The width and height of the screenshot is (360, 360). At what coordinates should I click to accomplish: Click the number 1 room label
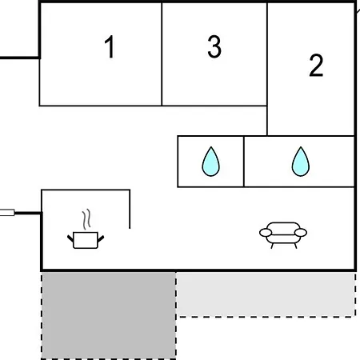pyautogui.click(x=110, y=46)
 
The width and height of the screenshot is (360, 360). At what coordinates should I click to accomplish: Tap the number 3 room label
pyautogui.click(x=214, y=46)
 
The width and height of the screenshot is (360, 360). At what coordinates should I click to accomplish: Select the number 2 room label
pyautogui.click(x=316, y=66)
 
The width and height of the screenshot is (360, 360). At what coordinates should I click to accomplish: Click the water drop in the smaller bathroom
pyautogui.click(x=210, y=162)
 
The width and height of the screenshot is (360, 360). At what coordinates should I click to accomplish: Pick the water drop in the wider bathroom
pyautogui.click(x=301, y=162)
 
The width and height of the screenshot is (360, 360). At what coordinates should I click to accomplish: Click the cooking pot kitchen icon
pyautogui.click(x=86, y=240)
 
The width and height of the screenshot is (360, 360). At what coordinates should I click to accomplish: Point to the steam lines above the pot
pyautogui.click(x=86, y=219)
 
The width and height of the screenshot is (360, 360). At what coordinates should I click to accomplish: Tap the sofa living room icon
pyautogui.click(x=283, y=235)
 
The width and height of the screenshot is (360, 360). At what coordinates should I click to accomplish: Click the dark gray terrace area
pyautogui.click(x=109, y=315)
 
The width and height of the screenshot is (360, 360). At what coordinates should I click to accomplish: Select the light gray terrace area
pyautogui.click(x=266, y=294)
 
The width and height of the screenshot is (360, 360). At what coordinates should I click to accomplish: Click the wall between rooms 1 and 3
pyautogui.click(x=162, y=54)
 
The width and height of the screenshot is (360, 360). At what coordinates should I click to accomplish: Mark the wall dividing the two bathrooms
pyautogui.click(x=244, y=162)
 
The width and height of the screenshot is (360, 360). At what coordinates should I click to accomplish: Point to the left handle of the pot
pyautogui.click(x=70, y=238)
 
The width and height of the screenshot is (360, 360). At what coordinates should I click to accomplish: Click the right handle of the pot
pyautogui.click(x=101, y=238)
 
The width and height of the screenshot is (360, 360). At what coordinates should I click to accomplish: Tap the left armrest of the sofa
pyautogui.click(x=266, y=233)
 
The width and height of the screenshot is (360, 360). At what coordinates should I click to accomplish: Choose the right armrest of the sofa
pyautogui.click(x=301, y=233)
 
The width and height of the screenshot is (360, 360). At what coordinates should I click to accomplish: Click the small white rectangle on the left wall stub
pyautogui.click(x=7, y=213)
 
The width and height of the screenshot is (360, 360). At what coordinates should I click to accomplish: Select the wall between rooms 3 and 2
pyautogui.click(x=267, y=70)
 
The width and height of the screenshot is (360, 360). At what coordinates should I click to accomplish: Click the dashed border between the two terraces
pyautogui.click(x=176, y=315)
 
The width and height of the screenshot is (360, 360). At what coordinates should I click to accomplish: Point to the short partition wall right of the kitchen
pyautogui.click(x=130, y=209)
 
